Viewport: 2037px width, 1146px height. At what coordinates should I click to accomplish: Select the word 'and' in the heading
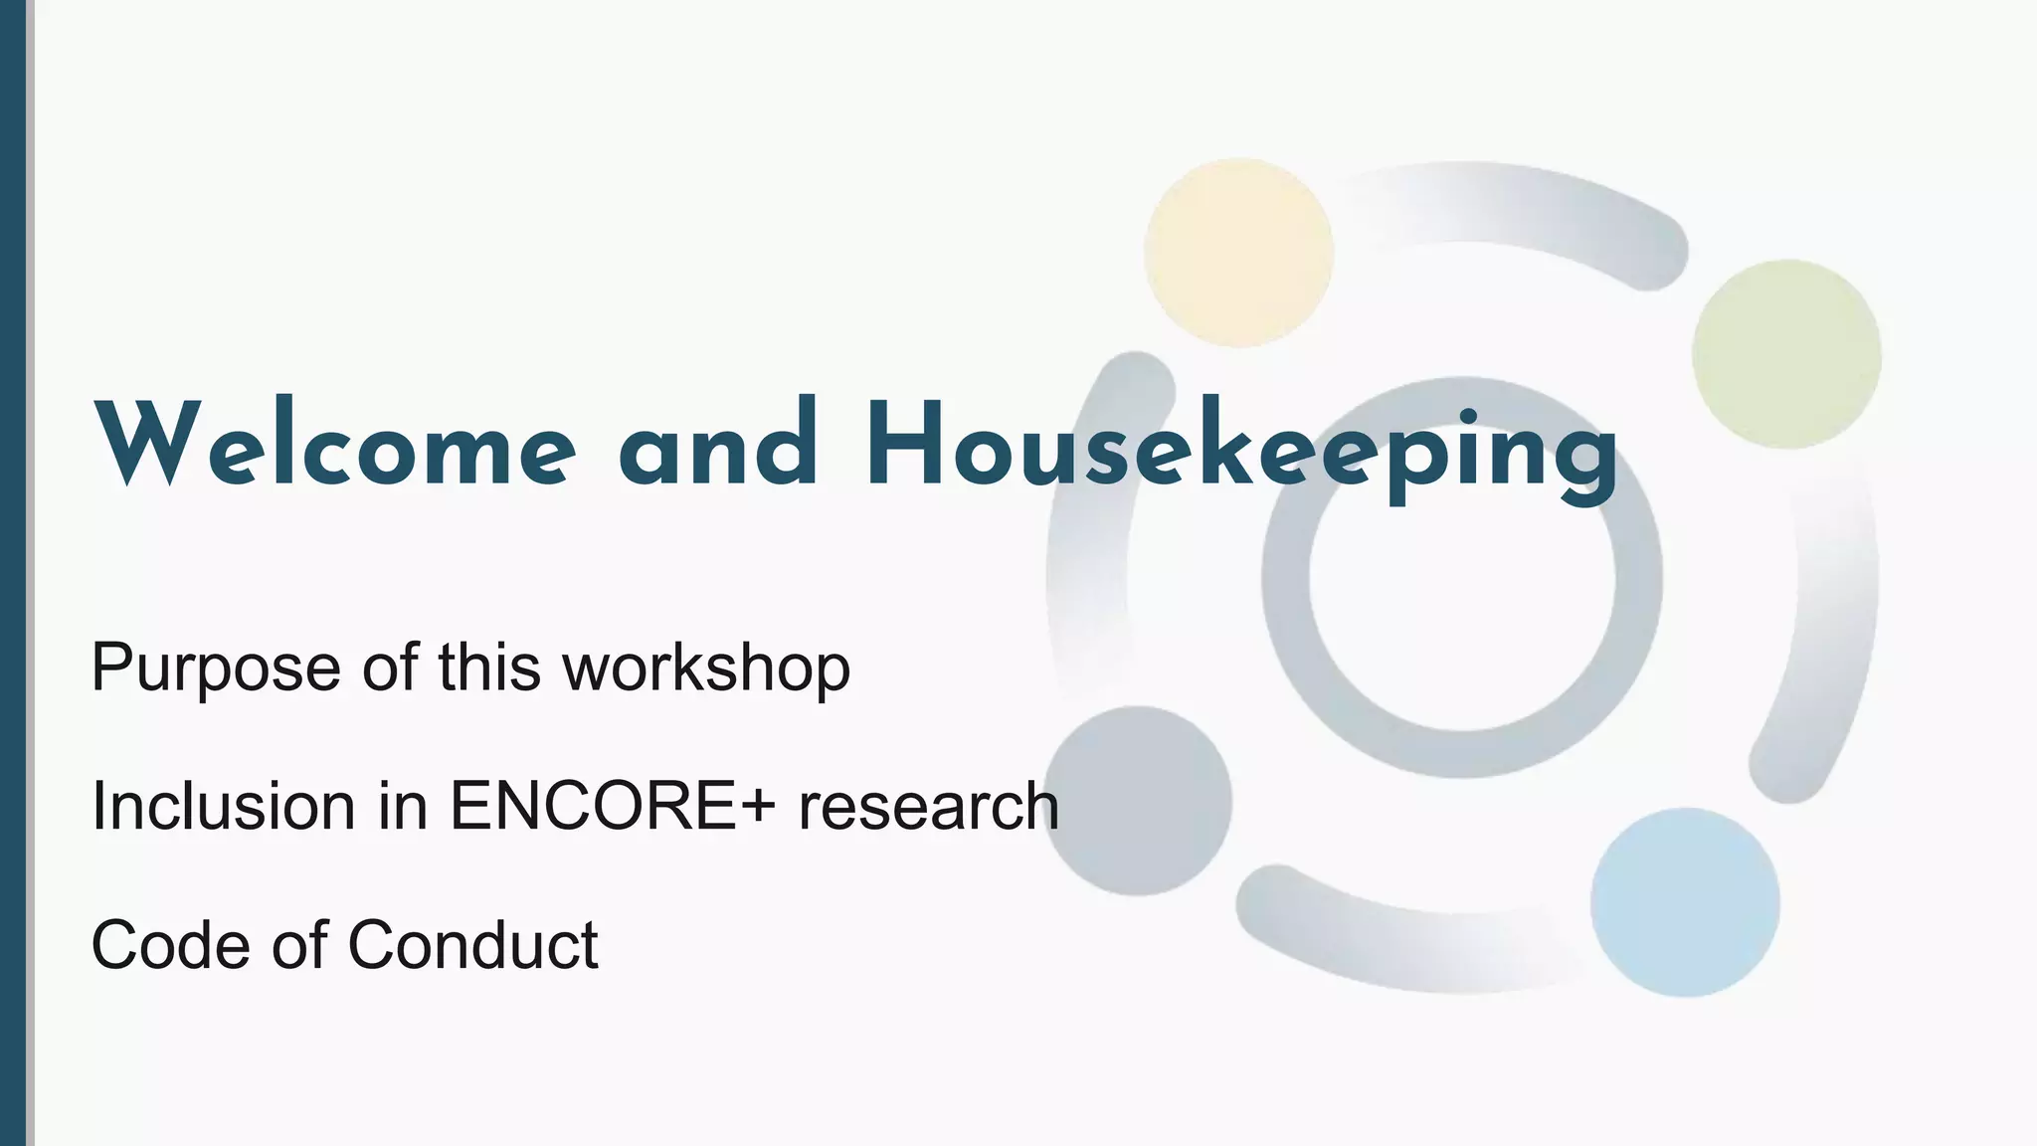click(x=717, y=445)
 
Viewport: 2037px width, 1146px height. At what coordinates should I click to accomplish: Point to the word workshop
click(x=706, y=667)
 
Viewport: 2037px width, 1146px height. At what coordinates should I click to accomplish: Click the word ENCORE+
click(x=612, y=805)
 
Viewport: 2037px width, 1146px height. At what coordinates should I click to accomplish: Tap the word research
click(x=928, y=805)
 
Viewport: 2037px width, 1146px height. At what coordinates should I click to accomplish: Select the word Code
click(x=170, y=944)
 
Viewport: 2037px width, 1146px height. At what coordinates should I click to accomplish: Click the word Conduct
click(x=472, y=944)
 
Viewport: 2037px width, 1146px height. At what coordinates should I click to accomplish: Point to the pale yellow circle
click(x=1238, y=252)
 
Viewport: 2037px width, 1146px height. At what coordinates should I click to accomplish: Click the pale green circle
click(x=1786, y=354)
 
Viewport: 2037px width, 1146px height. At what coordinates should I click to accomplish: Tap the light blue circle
click(x=1685, y=902)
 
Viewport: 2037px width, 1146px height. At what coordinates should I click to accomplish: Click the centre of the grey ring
click(x=1462, y=577)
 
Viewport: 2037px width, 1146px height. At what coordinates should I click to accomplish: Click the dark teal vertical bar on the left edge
click(x=13, y=573)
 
